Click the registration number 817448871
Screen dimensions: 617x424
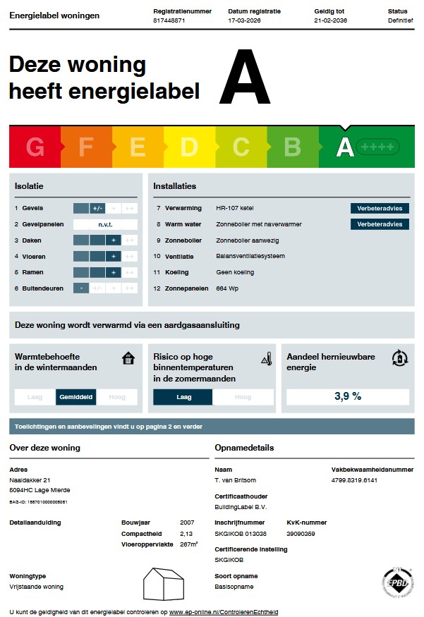tap(169, 20)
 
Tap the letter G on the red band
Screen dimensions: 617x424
tap(35, 147)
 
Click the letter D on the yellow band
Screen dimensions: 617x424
tap(189, 147)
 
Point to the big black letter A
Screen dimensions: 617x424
tap(245, 78)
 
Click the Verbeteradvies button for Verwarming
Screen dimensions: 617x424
tap(380, 208)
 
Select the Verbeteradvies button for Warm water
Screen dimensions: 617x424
tap(380, 224)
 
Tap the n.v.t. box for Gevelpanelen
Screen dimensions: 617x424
tap(105, 224)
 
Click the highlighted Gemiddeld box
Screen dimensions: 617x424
tap(76, 397)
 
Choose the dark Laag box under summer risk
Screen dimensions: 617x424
tap(183, 397)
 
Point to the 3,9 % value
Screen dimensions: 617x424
tap(347, 396)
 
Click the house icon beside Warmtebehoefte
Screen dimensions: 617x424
tap(128, 358)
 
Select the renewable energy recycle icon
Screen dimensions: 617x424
tap(399, 358)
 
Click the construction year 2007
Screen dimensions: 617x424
tap(188, 523)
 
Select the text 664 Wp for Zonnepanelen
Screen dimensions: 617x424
tap(227, 288)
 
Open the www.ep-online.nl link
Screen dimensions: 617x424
tap(224, 611)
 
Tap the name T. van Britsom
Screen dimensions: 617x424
tap(236, 480)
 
